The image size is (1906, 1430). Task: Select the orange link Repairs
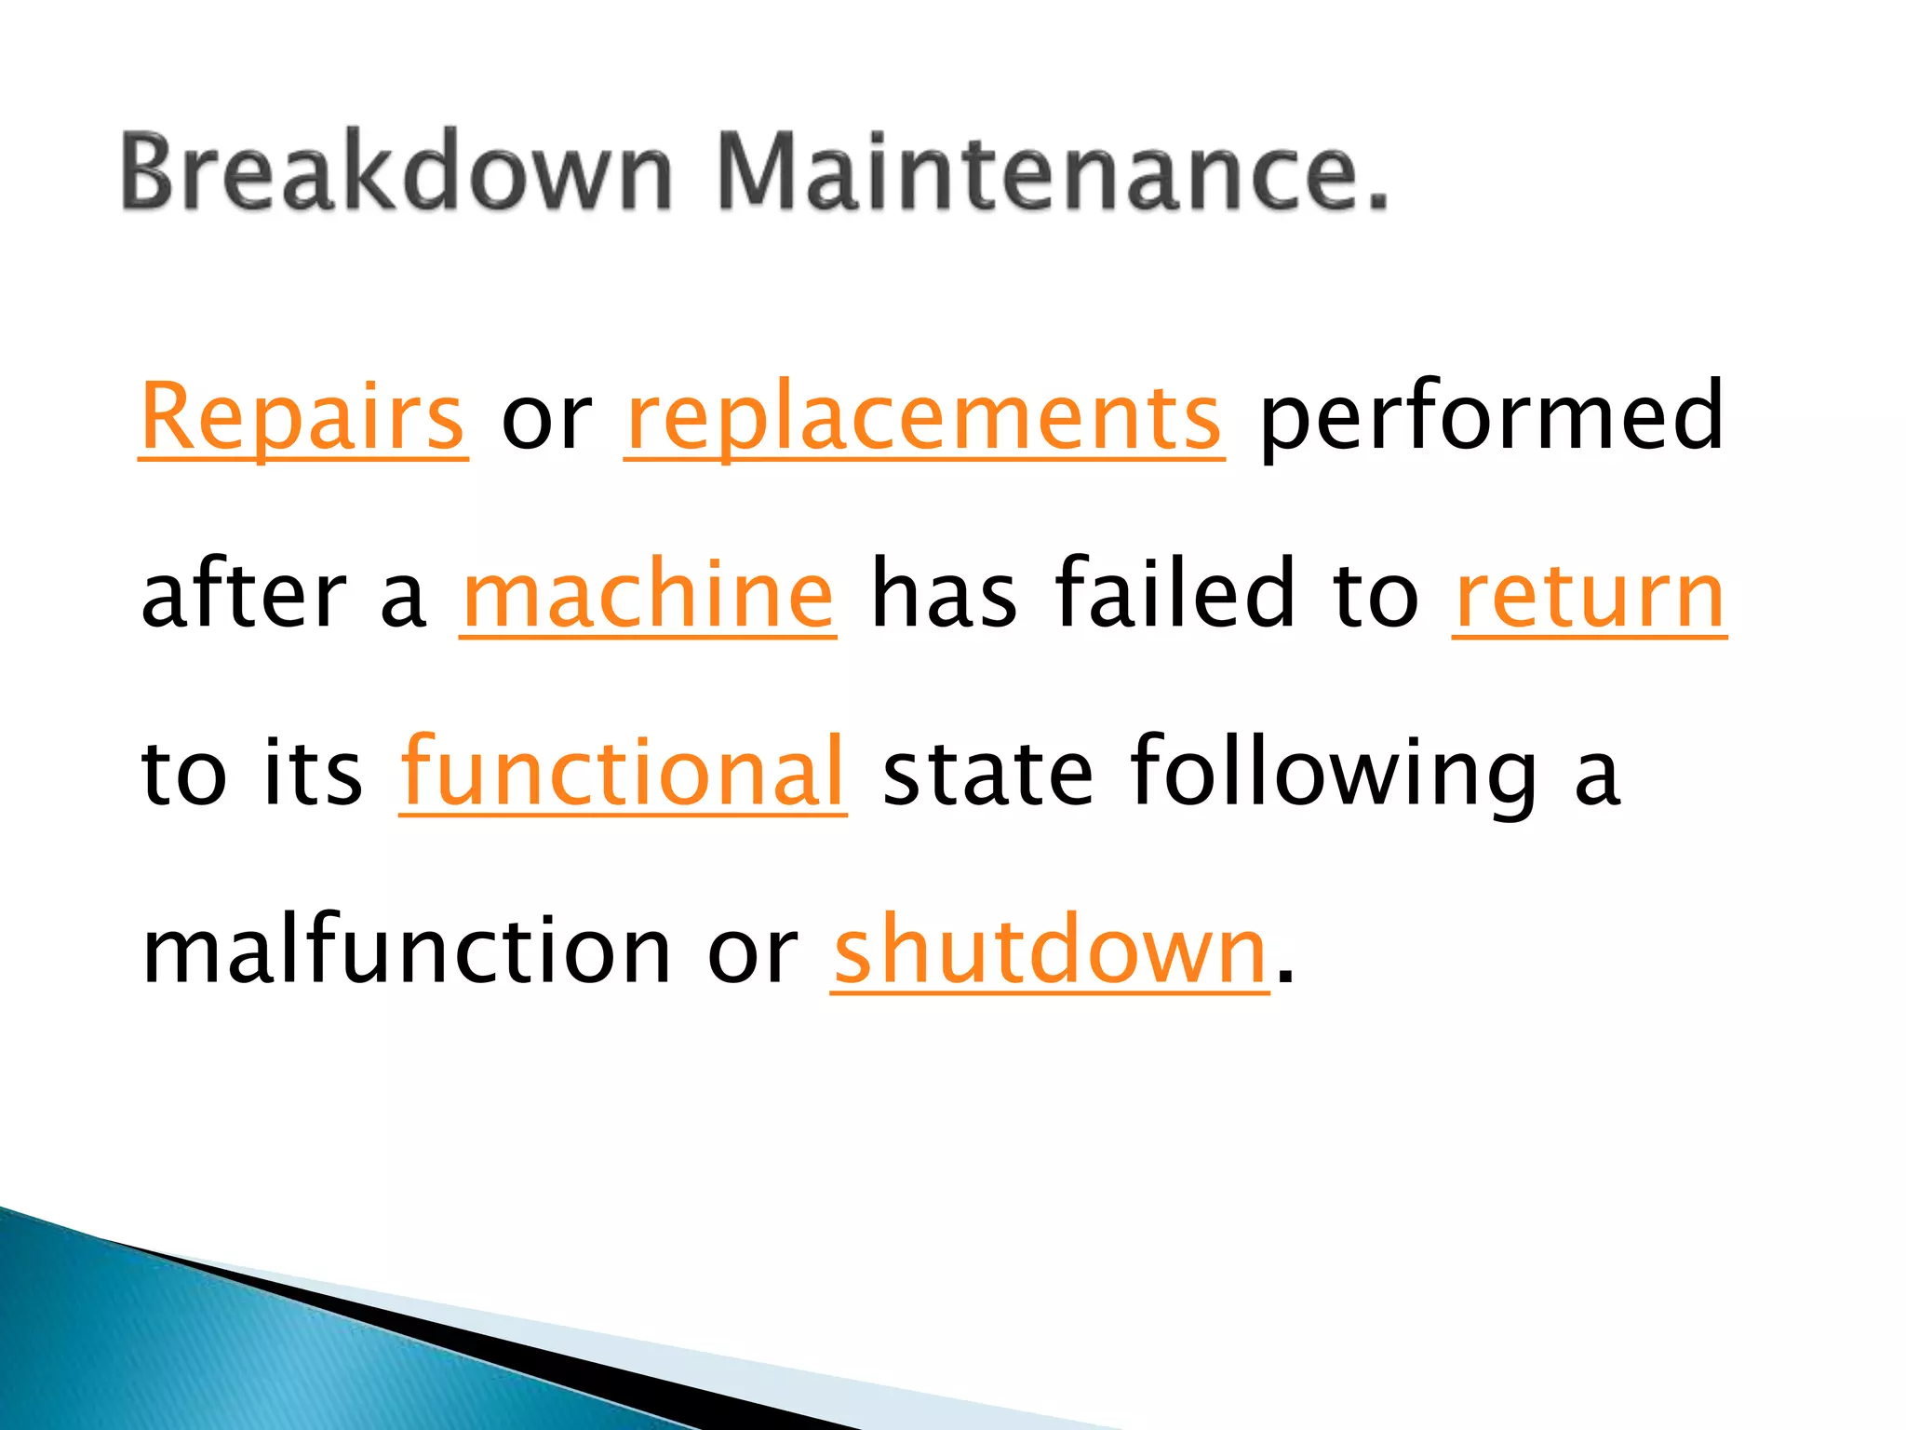[302, 416]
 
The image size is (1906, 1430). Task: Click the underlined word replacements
[924, 416]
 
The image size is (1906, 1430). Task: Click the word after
[244, 593]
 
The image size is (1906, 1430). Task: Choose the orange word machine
[648, 593]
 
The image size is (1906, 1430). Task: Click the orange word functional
[623, 772]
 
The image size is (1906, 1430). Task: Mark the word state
[987, 772]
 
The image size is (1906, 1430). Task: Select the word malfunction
[407, 950]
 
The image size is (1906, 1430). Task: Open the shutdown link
[1050, 950]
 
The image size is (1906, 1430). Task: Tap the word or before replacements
[546, 418]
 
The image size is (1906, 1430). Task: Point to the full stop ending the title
[1376, 198]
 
